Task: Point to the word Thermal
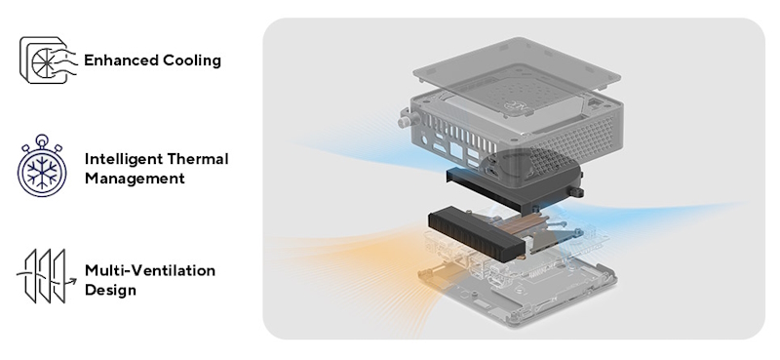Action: coord(200,159)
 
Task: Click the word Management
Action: coord(134,179)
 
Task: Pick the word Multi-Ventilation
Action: coord(150,270)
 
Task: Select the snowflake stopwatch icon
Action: coord(42,168)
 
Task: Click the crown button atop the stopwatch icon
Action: coord(42,140)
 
